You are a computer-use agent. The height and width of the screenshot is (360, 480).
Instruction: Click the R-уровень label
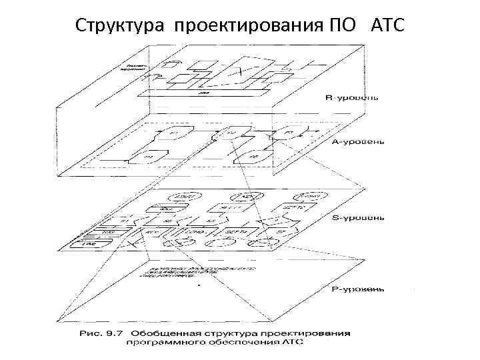[x=352, y=98]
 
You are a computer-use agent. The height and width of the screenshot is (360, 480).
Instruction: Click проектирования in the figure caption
[x=317, y=333]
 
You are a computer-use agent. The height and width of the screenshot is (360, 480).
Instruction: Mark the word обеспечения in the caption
[x=257, y=343]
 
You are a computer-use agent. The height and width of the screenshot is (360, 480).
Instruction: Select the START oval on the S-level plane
[x=181, y=197]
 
